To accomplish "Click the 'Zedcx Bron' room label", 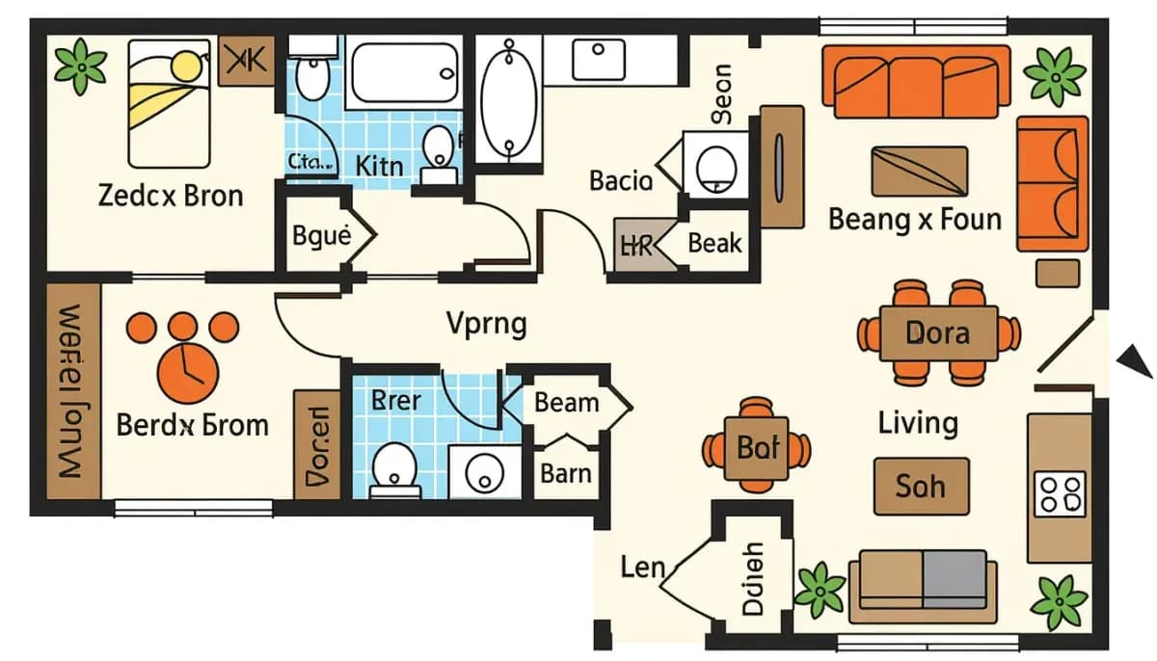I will [x=171, y=196].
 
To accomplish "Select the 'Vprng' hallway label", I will [x=487, y=324].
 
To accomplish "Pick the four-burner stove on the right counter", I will [x=1060, y=493].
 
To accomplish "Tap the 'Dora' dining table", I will [x=937, y=333].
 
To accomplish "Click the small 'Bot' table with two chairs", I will [x=757, y=448].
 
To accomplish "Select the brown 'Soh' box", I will [x=921, y=486].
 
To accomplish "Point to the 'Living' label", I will [x=918, y=423].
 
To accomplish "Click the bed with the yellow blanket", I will [x=169, y=102].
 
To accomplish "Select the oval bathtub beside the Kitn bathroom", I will [x=508, y=99].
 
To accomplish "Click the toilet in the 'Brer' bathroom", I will [x=394, y=466].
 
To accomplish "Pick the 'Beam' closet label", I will [x=566, y=402].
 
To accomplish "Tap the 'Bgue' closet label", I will [x=320, y=235].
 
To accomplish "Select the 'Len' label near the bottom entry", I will [x=643, y=566].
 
